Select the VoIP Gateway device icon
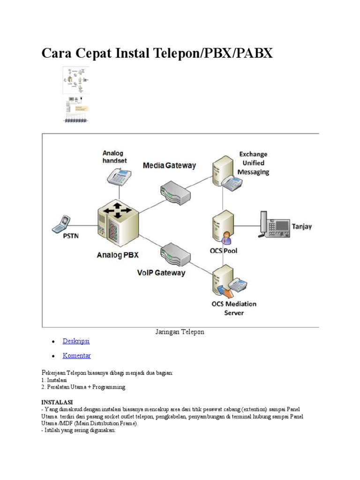[x=174, y=255]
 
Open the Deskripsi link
[x=76, y=341]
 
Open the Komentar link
[x=77, y=356]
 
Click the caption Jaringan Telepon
[x=180, y=332]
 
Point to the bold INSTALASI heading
[x=57, y=402]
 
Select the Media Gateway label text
[x=169, y=165]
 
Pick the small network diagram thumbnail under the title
[x=75, y=81]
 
